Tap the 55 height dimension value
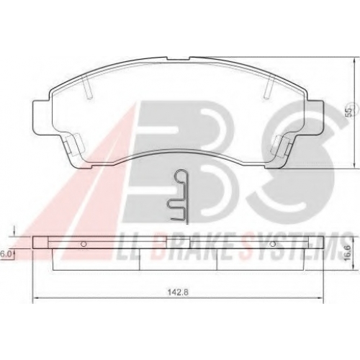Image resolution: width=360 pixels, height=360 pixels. point(350,112)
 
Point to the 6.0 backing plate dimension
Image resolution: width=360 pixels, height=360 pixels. point(5,254)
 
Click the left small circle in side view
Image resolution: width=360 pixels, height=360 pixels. point(84,244)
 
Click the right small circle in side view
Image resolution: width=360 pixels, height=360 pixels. point(273,244)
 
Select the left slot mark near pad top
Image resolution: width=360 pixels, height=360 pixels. point(86,86)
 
